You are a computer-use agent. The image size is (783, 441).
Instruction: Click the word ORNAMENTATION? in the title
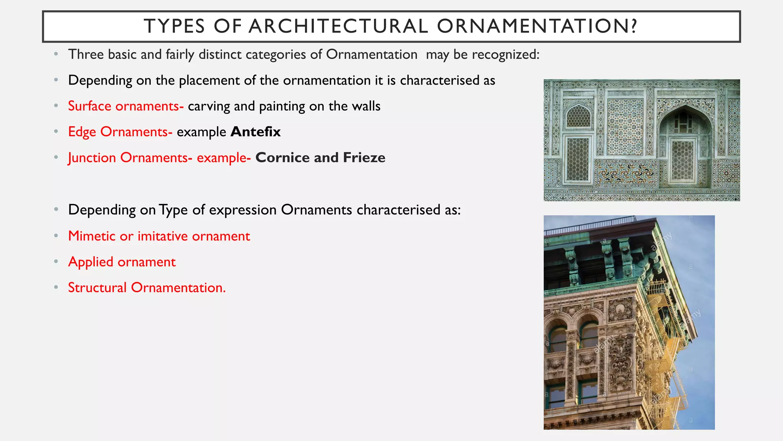click(x=537, y=26)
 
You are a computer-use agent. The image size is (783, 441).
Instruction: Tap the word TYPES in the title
click(x=174, y=26)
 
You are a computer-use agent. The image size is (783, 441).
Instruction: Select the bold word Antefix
click(x=255, y=132)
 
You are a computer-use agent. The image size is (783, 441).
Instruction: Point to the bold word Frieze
click(x=364, y=158)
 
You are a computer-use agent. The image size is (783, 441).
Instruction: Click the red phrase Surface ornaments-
click(x=126, y=106)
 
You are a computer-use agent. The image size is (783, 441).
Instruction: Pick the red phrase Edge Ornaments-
click(x=120, y=132)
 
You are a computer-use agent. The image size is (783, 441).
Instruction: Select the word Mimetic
click(x=92, y=236)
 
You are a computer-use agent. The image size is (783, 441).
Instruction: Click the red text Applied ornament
click(x=122, y=262)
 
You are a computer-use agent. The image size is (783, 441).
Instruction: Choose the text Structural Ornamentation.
click(x=147, y=287)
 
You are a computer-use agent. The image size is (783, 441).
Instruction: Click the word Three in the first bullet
click(x=86, y=54)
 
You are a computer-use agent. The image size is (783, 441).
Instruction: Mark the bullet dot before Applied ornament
click(x=56, y=262)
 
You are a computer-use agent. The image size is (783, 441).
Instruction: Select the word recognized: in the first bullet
click(x=505, y=55)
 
